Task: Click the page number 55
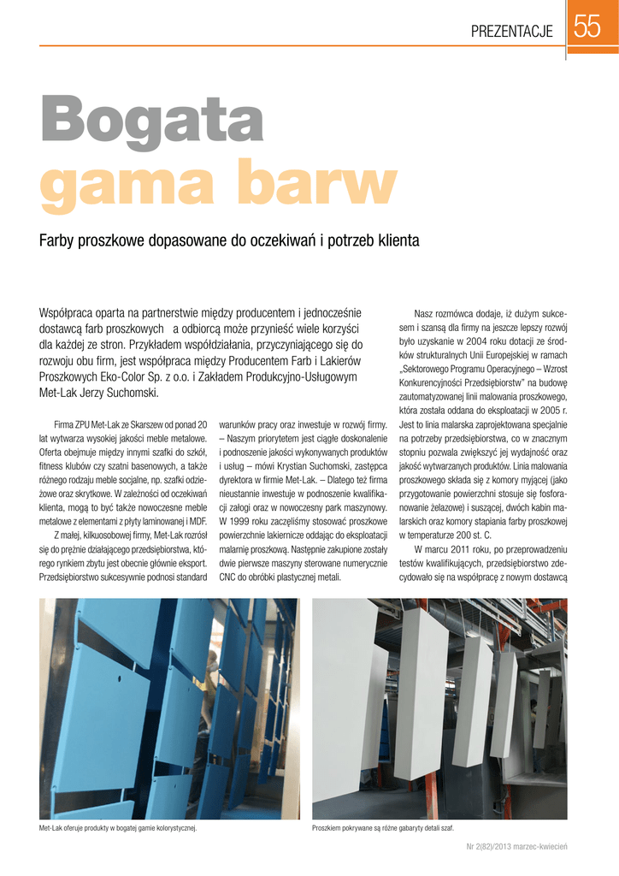point(587,29)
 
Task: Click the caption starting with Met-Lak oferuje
point(118,829)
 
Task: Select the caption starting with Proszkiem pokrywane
point(382,829)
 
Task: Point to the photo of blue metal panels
point(168,709)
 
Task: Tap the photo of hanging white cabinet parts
point(440,709)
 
